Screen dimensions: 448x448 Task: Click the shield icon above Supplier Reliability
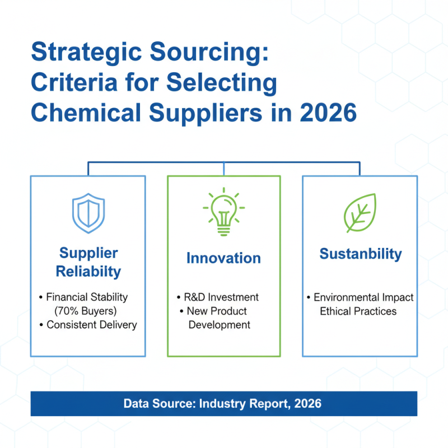(x=88, y=214)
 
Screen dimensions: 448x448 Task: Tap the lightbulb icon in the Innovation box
(x=223, y=211)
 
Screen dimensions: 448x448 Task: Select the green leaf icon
(x=360, y=213)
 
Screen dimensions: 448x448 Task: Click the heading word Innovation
(x=223, y=258)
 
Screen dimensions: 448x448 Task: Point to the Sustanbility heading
(x=361, y=254)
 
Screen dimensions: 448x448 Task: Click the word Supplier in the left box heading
(x=88, y=253)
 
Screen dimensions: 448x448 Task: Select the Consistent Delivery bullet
(x=91, y=325)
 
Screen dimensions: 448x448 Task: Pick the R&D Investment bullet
(x=221, y=297)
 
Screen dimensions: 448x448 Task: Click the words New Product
(x=217, y=311)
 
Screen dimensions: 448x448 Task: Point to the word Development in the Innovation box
(x=219, y=325)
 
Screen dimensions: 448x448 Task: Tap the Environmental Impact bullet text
(x=363, y=297)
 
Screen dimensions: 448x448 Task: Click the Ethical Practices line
(x=358, y=311)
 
